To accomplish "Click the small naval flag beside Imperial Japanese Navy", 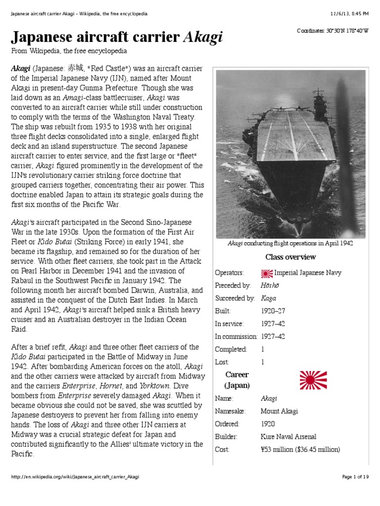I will pyautogui.click(x=266, y=273).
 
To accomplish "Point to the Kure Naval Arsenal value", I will pyautogui.click(x=288, y=437).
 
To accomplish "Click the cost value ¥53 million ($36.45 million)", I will pyautogui.click(x=300, y=450).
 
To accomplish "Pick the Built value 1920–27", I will pyautogui.click(x=273, y=311).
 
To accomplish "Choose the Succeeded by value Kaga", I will pyautogui.click(x=268, y=298).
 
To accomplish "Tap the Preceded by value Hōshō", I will pyautogui.click(x=269, y=286).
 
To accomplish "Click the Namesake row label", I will pyautogui.click(x=230, y=411).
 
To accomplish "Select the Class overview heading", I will pyautogui.click(x=290, y=257).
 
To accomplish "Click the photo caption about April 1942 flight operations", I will pyautogui.click(x=290, y=244).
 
